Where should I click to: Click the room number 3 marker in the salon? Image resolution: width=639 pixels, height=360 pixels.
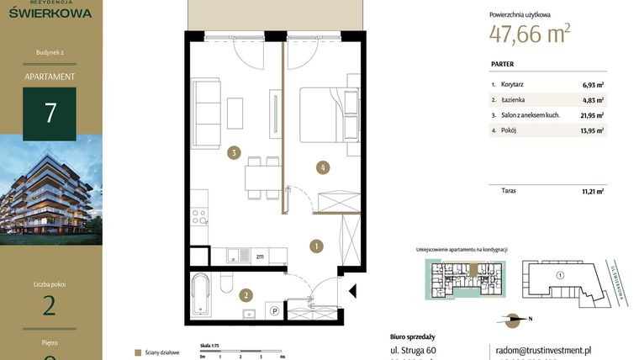point(235,153)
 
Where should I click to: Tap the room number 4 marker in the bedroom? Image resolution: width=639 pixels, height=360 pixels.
point(322,167)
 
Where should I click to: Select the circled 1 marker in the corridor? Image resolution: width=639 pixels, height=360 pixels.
point(316,246)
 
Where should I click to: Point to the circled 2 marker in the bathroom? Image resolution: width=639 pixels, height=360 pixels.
point(246,295)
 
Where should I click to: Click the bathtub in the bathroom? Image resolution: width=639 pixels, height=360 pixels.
point(201,294)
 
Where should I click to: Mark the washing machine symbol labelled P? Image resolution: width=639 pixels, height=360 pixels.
point(274,310)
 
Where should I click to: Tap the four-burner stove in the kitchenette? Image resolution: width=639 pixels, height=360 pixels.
point(199,216)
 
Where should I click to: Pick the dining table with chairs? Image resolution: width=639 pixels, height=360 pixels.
point(261,177)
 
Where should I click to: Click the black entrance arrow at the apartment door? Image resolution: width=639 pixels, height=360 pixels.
point(351,293)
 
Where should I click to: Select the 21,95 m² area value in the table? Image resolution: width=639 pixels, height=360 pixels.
point(593,115)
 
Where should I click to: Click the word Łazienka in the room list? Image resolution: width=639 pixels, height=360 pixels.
point(514,100)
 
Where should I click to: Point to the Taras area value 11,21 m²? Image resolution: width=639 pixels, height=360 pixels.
point(593,191)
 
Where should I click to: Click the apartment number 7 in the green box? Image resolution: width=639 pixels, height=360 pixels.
point(50,114)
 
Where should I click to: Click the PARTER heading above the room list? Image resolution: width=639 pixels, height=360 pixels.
point(503,64)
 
